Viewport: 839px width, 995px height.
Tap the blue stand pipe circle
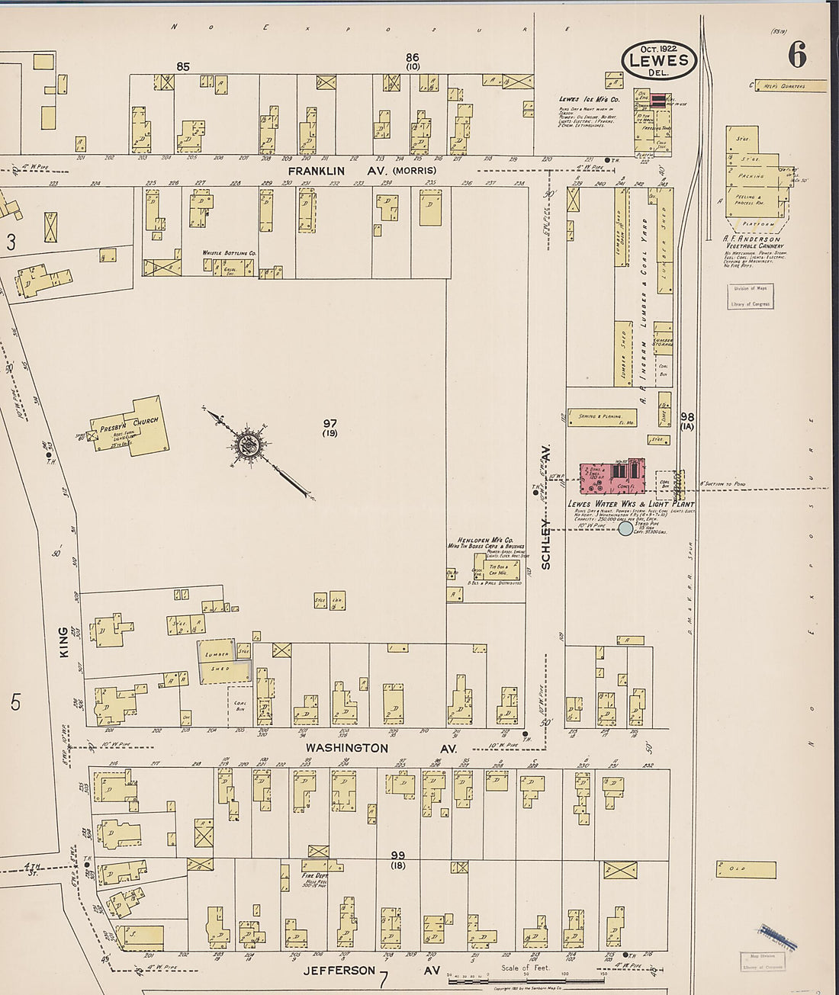(625, 528)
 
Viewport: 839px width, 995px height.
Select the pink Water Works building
(612, 477)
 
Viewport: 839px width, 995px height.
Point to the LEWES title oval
(658, 61)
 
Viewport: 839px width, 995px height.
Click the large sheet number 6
(798, 55)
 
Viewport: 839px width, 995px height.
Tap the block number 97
(329, 424)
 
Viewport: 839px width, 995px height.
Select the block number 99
(397, 855)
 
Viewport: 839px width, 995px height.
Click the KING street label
(63, 642)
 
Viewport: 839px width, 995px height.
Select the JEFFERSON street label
(339, 971)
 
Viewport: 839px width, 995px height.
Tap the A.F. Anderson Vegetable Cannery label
(751, 242)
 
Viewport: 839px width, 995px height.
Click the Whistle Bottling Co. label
(229, 252)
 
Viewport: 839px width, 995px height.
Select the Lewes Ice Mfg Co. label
(589, 99)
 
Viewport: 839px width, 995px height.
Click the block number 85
(183, 67)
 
